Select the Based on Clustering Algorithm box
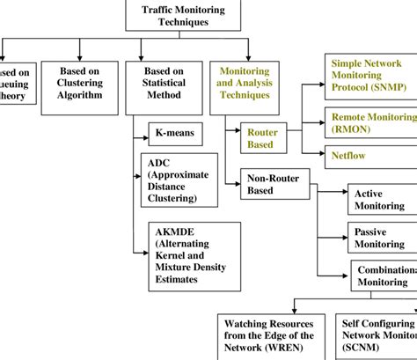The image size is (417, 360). tap(80, 84)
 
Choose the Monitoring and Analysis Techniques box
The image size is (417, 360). tap(244, 84)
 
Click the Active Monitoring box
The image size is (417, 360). tap(380, 200)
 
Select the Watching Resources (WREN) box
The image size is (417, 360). tap(267, 335)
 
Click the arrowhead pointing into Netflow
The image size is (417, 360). tap(318, 156)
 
